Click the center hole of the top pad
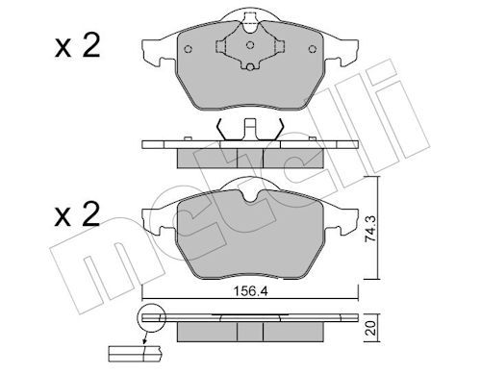pyautogui.click(x=249, y=45)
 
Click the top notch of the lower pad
pyautogui.click(x=249, y=196)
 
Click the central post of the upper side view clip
pyautogui.click(x=249, y=128)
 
